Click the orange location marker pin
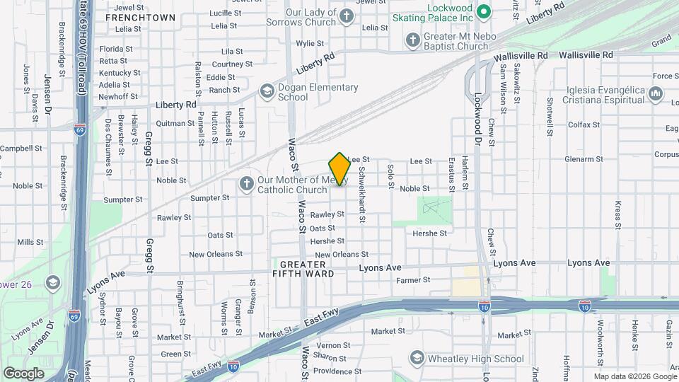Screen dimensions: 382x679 pos(339,169)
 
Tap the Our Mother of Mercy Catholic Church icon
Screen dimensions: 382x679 pos(247,184)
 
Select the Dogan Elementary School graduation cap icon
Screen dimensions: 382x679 pos(267,91)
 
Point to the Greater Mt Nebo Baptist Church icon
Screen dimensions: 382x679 pos(413,40)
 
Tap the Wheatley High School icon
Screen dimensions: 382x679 pos(417,358)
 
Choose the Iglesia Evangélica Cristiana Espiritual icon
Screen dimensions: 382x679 pos(655,93)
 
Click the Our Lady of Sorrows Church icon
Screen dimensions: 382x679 pos(346,16)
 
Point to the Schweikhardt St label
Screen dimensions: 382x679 pos(361,195)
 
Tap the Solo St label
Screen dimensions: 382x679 pos(390,176)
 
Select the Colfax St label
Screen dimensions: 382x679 pos(584,125)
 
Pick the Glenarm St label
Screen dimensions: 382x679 pos(584,159)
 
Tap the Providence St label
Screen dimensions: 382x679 pos(337,371)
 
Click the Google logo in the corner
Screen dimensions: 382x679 pos(23,373)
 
